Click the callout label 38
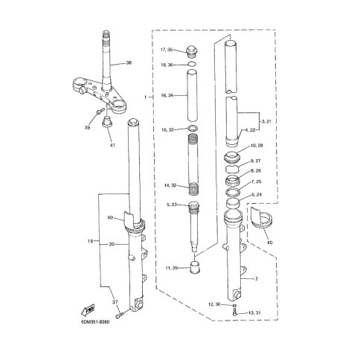point(129,63)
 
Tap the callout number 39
point(87,128)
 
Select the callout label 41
point(112,145)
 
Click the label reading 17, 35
point(167,50)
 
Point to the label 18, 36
point(167,65)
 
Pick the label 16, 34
point(167,95)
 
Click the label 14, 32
point(170,185)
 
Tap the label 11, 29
point(172,268)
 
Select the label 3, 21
point(266,121)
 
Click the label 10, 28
point(257,145)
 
